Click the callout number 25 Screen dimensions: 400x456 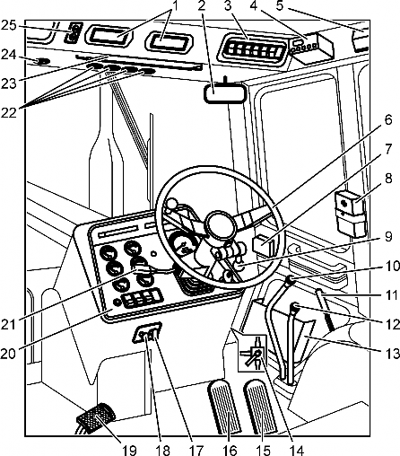coord(8,25)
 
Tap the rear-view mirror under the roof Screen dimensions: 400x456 coord(225,93)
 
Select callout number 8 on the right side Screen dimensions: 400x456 coord(388,180)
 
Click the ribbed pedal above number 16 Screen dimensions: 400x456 coord(224,406)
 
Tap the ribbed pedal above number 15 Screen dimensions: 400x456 coord(261,406)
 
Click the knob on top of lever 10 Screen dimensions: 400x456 coord(290,281)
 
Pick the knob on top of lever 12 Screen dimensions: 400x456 coord(295,307)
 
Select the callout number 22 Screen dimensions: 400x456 coord(8,112)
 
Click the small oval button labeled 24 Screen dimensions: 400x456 coord(43,62)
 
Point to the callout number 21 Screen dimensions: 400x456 coord(8,325)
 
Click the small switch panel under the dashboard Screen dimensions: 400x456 coord(147,333)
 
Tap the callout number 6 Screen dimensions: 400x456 coord(388,120)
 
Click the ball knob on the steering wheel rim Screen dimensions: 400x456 coord(171,204)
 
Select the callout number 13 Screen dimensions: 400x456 coord(392,354)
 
